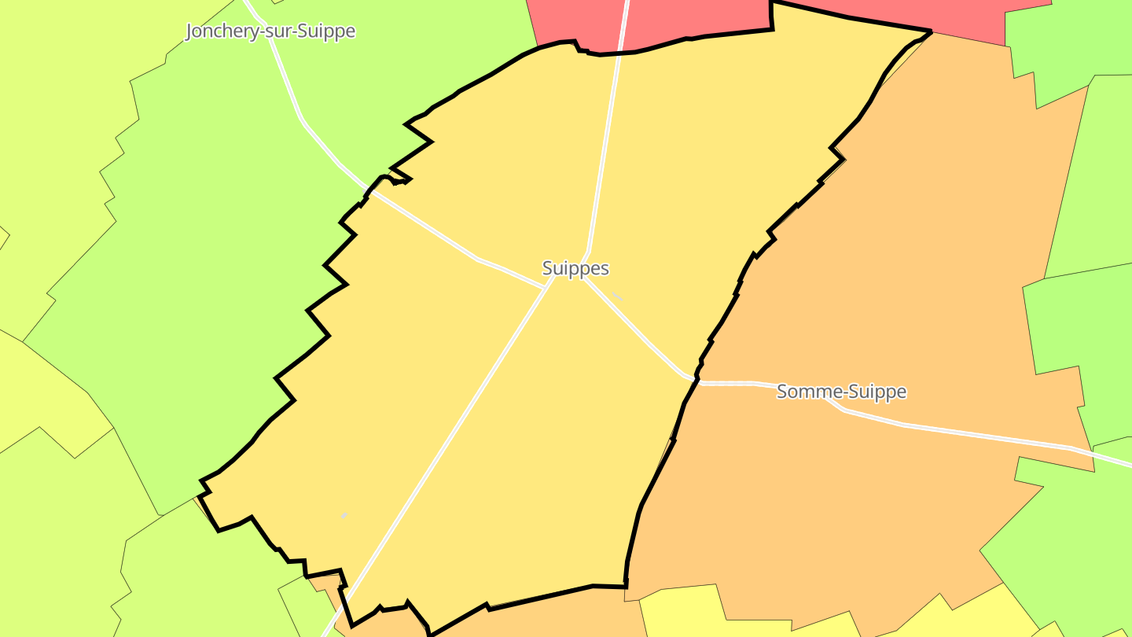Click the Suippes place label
(x=575, y=268)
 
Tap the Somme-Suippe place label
(x=841, y=391)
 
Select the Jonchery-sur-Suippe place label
(x=270, y=31)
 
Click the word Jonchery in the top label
(x=222, y=31)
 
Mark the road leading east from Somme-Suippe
(x=983, y=436)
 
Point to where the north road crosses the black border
(x=621, y=52)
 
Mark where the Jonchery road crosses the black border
(x=367, y=190)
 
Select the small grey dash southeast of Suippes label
(x=617, y=296)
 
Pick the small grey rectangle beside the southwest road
(x=344, y=515)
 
